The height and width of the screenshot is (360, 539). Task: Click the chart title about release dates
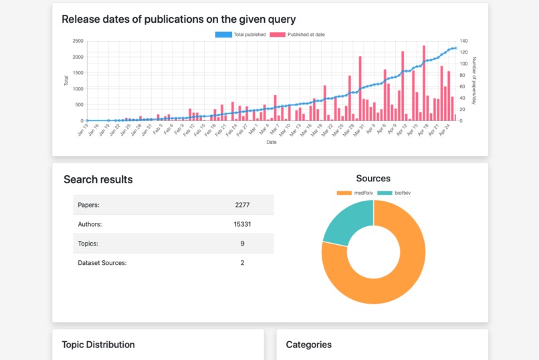[x=179, y=19]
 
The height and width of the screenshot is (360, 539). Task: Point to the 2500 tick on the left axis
[x=78, y=41]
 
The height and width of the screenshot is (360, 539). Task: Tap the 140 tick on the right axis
[x=463, y=41]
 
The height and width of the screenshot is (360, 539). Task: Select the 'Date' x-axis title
[x=272, y=142]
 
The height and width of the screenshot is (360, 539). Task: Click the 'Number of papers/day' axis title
[x=474, y=80]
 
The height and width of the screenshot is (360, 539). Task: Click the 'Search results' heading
[x=98, y=179]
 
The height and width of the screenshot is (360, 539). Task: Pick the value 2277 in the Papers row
[x=242, y=205]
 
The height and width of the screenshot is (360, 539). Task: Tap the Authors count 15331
[x=242, y=224]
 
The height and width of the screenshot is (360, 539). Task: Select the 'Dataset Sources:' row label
[x=102, y=263]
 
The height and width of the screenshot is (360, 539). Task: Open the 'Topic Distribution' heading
[x=98, y=345]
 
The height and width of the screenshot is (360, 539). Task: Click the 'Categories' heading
[x=308, y=345]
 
